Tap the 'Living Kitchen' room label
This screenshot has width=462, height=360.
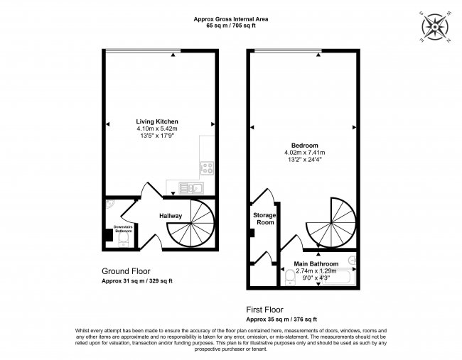(158, 121)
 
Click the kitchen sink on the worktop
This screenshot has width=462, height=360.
(189, 187)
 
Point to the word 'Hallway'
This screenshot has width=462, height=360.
(171, 216)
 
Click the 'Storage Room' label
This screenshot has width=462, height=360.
(264, 218)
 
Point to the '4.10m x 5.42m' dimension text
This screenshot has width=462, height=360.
(158, 129)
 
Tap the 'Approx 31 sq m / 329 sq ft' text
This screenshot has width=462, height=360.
(137, 282)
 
